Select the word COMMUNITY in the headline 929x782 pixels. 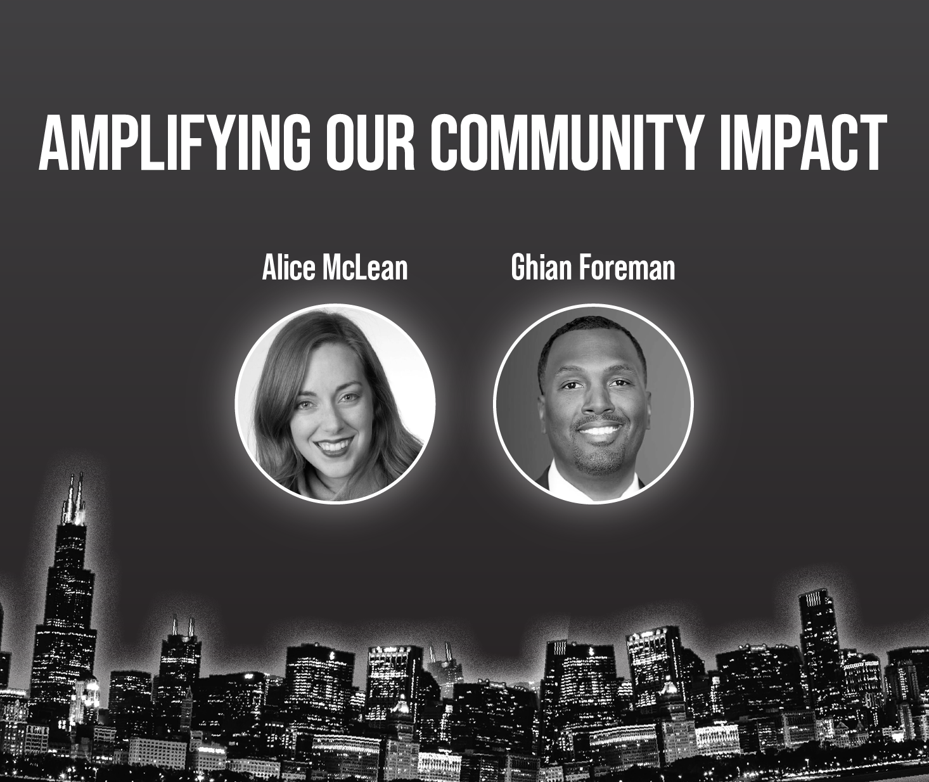point(568,143)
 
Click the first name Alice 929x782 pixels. point(288,268)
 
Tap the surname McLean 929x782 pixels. point(365,268)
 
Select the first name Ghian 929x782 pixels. point(541,268)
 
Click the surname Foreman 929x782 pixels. point(627,268)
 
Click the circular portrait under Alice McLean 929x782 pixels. point(335,404)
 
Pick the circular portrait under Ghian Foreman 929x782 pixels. point(593,404)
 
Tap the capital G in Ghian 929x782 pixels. point(518,268)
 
